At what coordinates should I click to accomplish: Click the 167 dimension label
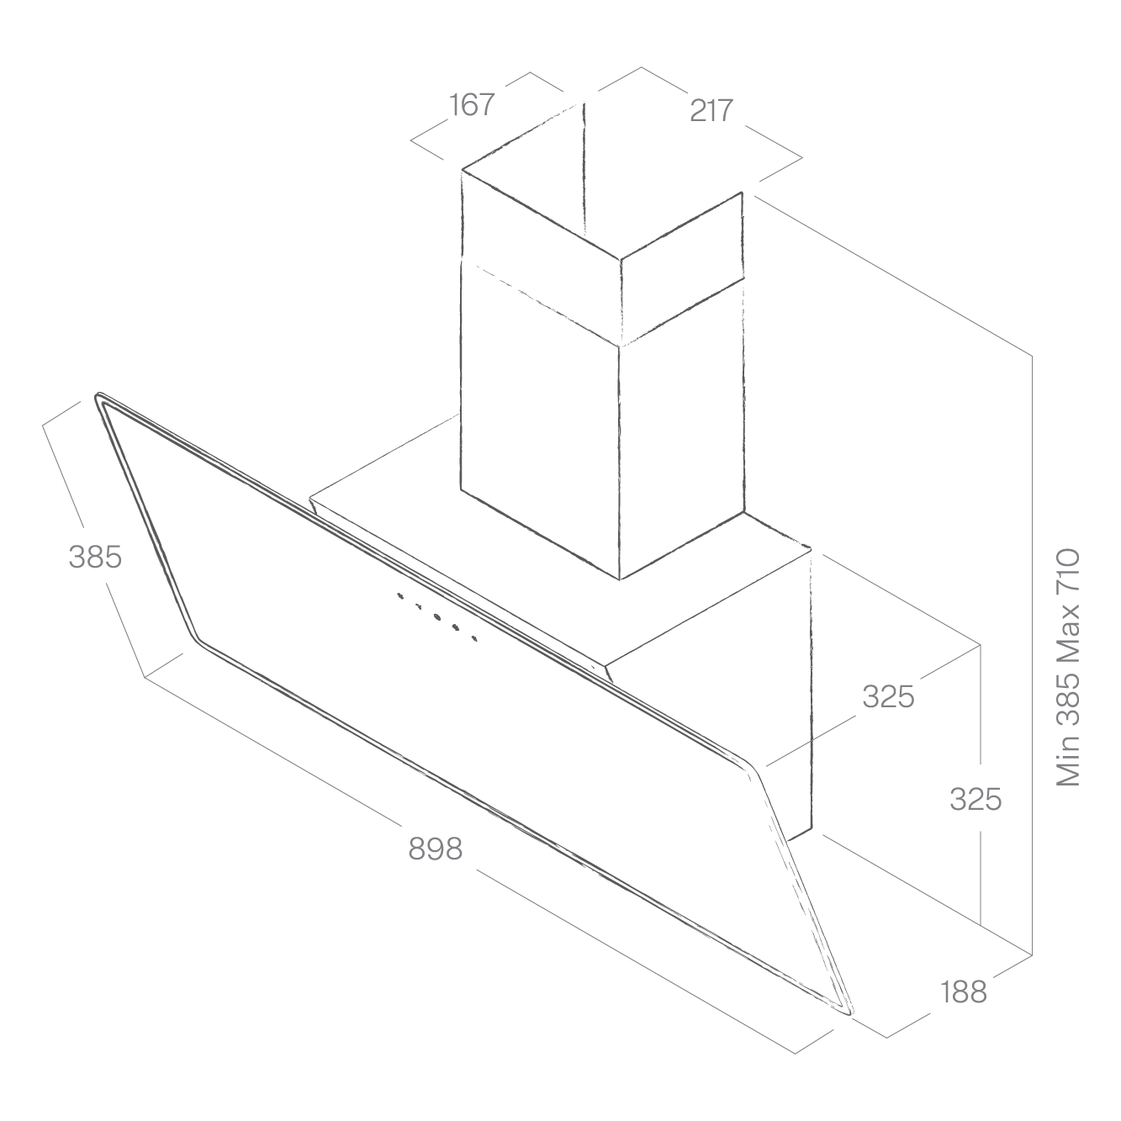[471, 105]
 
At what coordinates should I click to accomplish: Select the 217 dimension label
[711, 110]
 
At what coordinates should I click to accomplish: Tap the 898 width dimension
[435, 849]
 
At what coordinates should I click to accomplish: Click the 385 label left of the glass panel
[95, 556]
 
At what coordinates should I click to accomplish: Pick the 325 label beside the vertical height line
[976, 799]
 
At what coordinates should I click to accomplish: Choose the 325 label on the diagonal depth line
[888, 696]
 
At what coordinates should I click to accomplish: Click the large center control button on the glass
[437, 616]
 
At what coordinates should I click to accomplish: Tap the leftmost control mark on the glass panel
[399, 595]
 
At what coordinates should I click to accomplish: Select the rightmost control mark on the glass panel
[474, 639]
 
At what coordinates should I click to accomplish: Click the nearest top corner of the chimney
[621, 259]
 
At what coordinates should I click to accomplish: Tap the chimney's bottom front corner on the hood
[620, 579]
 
